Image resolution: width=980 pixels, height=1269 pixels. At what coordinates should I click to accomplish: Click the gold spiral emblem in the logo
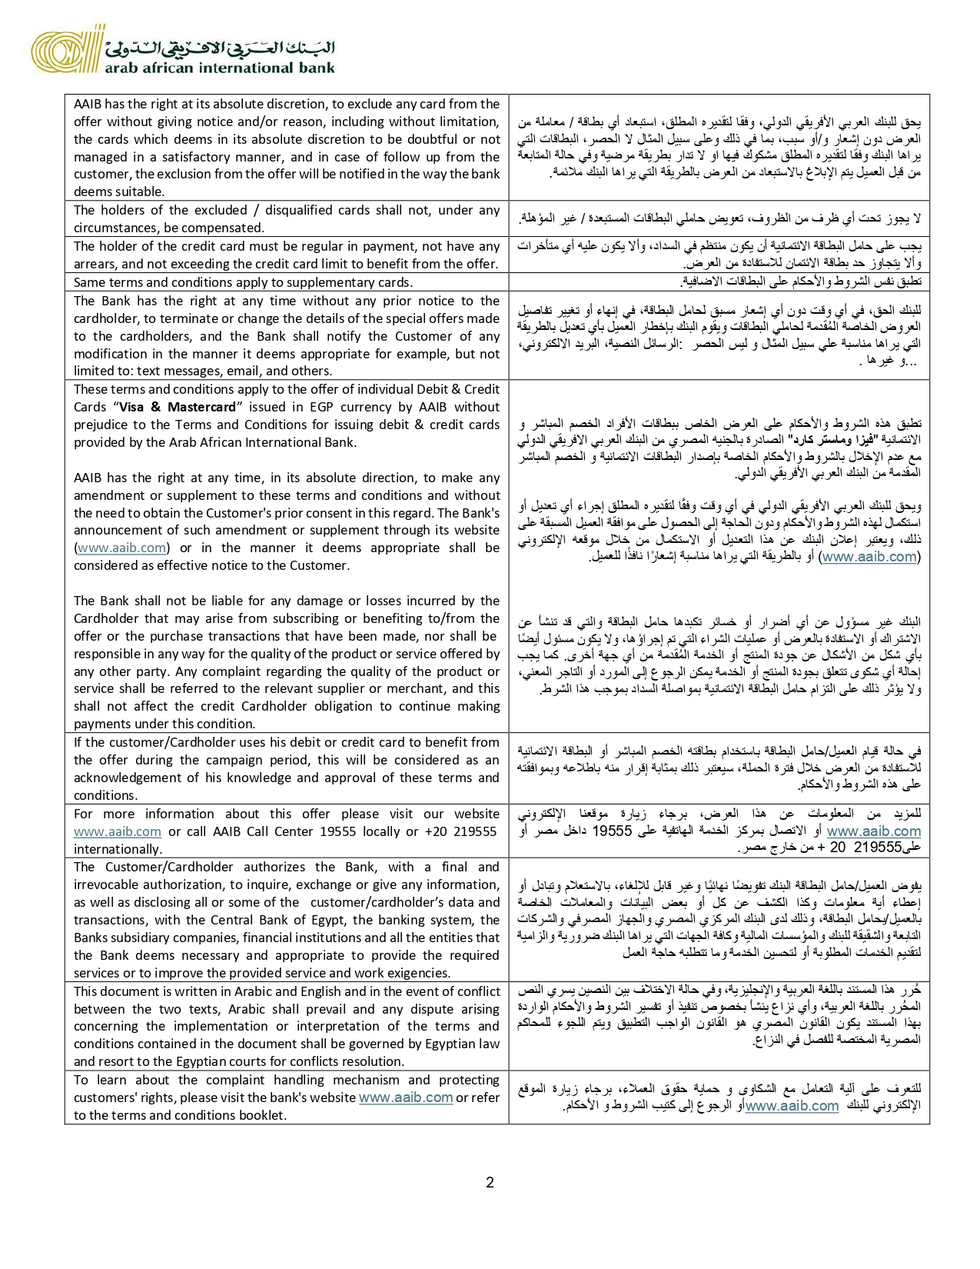pos(64,50)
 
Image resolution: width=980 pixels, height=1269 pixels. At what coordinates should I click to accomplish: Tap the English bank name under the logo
pos(219,68)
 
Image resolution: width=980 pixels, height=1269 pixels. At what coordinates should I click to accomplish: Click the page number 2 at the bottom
pos(490,1182)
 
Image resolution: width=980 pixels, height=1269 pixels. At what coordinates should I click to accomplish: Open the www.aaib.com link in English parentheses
pos(121,548)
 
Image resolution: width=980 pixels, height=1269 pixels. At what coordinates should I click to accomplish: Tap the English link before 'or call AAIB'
pos(118,831)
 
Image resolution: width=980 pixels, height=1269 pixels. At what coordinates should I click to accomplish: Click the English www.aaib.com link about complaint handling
pos(405,1097)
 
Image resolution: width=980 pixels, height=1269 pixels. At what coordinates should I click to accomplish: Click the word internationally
pos(118,849)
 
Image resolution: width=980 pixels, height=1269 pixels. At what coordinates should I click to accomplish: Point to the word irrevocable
pos(108,884)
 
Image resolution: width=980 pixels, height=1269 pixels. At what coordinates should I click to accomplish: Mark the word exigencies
pos(416,973)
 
